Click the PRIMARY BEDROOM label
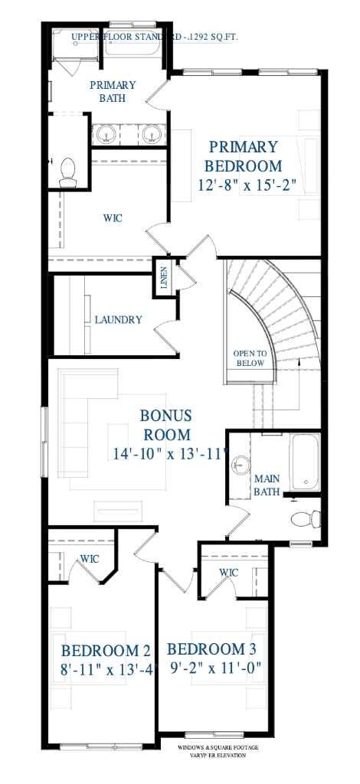point(244,156)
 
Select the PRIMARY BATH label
point(113,91)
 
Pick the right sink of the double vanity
point(151,134)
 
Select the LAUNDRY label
point(118,320)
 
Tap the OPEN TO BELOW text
point(250,358)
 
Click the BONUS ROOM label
point(166,425)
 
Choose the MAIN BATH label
point(267,485)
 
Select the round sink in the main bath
point(241,464)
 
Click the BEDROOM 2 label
point(106,650)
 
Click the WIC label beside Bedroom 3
point(228,573)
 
